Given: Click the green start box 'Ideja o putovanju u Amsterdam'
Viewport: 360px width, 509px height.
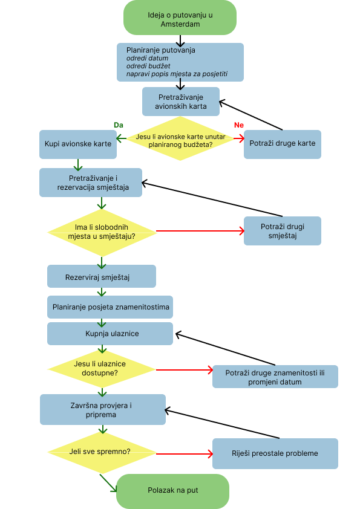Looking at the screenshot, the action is [180, 18].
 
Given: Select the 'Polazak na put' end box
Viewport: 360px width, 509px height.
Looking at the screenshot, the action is [173, 491].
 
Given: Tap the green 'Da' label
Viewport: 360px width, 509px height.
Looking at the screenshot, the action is [119, 125].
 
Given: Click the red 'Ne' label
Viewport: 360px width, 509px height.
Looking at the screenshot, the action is [239, 125].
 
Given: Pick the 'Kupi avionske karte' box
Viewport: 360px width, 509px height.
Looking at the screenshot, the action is [78, 144].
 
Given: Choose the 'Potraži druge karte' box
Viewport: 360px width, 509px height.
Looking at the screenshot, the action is [283, 144].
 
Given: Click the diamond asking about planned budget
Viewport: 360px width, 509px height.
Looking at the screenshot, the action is [180, 138].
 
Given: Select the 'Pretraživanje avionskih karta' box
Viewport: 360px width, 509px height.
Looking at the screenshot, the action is [181, 102].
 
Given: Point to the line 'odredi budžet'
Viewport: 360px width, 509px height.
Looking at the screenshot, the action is [148, 66].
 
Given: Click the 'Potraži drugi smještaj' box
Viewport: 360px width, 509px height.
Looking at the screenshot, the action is [283, 231].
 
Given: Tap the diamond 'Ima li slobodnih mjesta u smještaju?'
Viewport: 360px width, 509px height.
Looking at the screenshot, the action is [102, 232].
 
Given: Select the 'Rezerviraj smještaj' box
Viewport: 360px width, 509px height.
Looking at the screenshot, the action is [102, 276].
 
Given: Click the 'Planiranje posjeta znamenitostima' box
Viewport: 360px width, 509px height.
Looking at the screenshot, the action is [110, 306].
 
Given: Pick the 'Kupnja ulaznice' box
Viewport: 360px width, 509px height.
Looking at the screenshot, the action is [110, 333].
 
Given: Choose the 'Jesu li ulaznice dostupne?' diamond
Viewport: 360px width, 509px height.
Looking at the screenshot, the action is [102, 368].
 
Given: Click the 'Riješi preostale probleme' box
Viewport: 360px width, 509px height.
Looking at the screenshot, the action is [275, 453].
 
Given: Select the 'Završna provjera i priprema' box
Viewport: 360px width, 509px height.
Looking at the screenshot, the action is [103, 410].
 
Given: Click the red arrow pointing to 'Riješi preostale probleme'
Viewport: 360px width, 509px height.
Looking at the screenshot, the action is [185, 454].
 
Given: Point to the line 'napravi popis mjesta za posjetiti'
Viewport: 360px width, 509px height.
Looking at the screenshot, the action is [177, 74].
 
